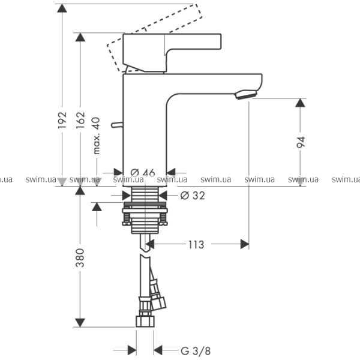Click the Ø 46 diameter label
click(142, 173)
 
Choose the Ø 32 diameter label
click(193, 195)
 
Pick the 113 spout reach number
click(196, 244)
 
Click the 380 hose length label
click(81, 257)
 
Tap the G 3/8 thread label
click(195, 350)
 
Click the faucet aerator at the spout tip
click(246, 94)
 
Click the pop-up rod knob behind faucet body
click(118, 125)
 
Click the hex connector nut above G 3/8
click(145, 322)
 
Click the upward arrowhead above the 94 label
click(301, 103)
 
